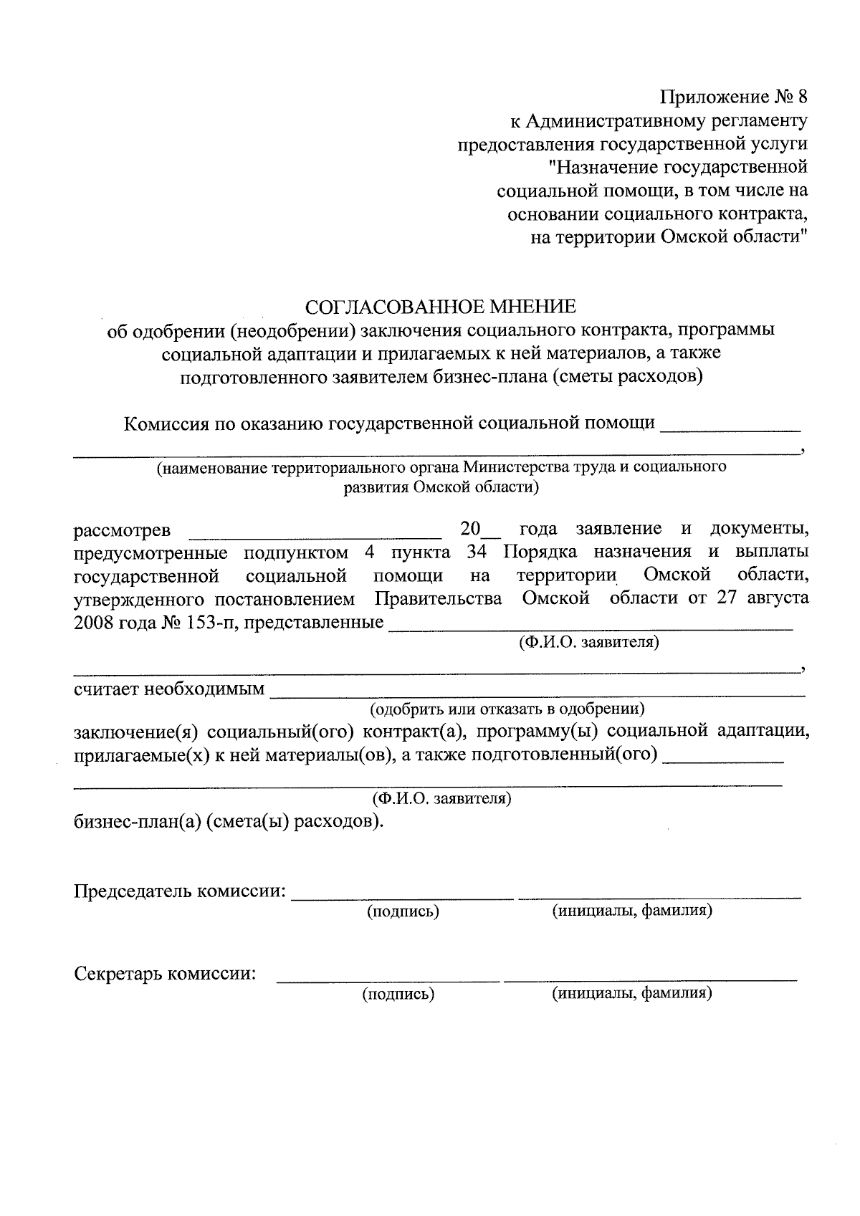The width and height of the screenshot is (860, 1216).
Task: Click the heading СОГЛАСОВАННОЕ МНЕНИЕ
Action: point(440,307)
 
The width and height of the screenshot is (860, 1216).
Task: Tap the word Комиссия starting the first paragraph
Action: point(165,423)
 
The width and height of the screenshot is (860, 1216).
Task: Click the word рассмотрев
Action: point(123,531)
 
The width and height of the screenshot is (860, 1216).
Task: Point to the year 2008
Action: point(95,622)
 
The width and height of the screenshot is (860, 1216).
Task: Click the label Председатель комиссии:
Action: point(180,891)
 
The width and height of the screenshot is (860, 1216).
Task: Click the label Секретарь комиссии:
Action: point(166,975)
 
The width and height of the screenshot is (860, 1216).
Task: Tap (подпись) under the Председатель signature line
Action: point(403,911)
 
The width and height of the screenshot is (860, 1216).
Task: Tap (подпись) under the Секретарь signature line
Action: point(399,994)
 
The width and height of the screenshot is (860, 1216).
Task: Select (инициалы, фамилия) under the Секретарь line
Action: point(631,993)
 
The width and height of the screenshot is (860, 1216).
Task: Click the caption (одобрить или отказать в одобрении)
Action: point(507,709)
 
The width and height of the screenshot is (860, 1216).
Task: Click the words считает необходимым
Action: point(169,691)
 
